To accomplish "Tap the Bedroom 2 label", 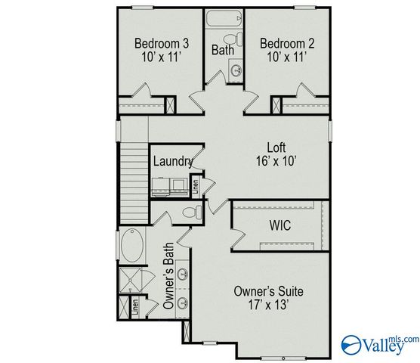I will [x=283, y=42].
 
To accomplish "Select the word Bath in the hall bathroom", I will [x=222, y=51].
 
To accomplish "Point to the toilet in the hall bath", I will [x=238, y=39].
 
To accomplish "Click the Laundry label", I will [x=172, y=161].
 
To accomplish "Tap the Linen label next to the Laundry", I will [x=195, y=186].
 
